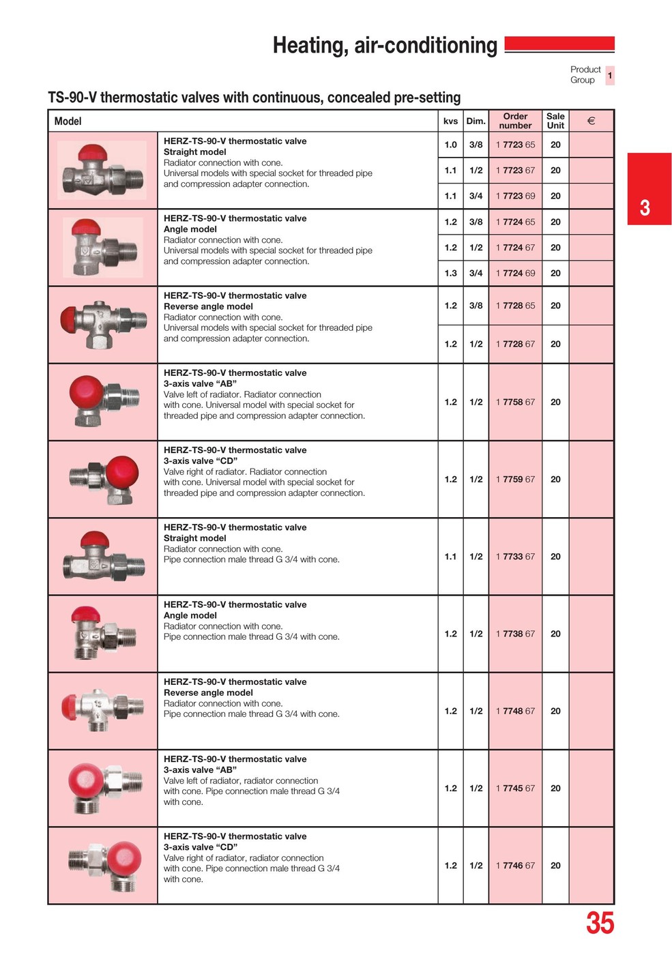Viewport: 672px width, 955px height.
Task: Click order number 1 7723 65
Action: click(515, 145)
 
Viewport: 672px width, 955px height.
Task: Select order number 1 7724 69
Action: click(515, 273)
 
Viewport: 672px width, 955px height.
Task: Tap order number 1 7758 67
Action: click(515, 402)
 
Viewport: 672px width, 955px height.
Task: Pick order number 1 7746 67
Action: click(515, 865)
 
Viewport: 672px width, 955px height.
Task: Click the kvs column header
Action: click(450, 121)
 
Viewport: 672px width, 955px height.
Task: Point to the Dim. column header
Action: click(476, 121)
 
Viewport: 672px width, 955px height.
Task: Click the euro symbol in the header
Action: click(591, 121)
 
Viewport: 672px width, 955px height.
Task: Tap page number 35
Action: click(600, 923)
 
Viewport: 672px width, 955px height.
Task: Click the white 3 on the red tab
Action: click(645, 207)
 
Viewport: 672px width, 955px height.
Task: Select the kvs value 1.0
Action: click(450, 145)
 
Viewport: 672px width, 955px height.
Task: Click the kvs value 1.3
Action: click(450, 273)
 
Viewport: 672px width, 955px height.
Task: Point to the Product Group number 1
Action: click(610, 75)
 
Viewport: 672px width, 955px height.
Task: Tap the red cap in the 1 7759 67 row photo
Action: click(121, 470)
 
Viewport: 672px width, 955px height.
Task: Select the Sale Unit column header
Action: click(555, 121)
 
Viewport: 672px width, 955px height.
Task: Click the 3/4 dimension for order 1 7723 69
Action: click(476, 196)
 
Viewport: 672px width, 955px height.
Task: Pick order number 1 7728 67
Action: click(515, 344)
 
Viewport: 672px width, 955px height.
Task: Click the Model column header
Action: click(68, 121)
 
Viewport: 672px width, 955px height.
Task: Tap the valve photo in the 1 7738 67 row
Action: click(102, 633)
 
